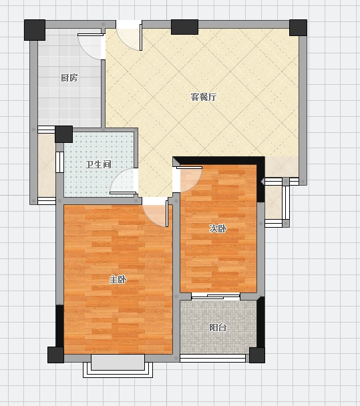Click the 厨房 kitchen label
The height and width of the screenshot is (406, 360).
coord(69,77)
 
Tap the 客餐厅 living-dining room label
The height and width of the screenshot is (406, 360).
coord(204,97)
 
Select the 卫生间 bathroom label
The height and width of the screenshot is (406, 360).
coord(98,164)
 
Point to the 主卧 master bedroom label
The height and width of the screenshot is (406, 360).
coord(118,280)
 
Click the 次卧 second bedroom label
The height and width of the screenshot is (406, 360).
coord(218,228)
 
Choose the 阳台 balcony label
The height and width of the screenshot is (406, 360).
coord(218,328)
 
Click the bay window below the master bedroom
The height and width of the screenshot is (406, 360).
coord(118,366)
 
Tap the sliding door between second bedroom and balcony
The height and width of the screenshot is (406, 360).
coord(216,296)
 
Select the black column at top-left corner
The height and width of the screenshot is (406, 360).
coord(35,30)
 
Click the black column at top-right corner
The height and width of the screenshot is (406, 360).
coord(298,27)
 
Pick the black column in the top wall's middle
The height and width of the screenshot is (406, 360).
coord(184,27)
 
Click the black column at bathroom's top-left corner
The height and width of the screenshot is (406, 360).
coord(63,134)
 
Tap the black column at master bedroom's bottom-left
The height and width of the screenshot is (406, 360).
coord(55,355)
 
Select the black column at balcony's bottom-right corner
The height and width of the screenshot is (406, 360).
coord(257,355)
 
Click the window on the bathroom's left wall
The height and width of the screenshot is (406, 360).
coord(60,162)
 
